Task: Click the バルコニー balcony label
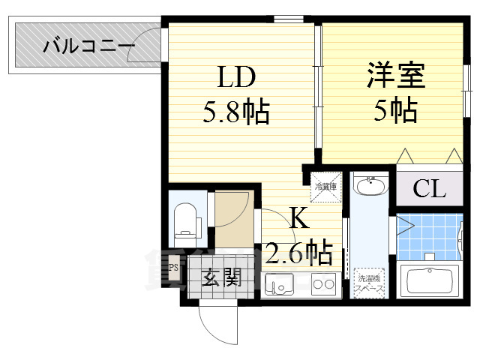pyautogui.click(x=88, y=47)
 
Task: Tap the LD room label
pyautogui.click(x=237, y=76)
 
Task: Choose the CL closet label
pyautogui.click(x=429, y=188)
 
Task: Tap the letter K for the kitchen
pyautogui.click(x=298, y=218)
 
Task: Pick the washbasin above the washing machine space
pyautogui.click(x=369, y=186)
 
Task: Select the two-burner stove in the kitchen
pyautogui.click(x=324, y=284)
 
